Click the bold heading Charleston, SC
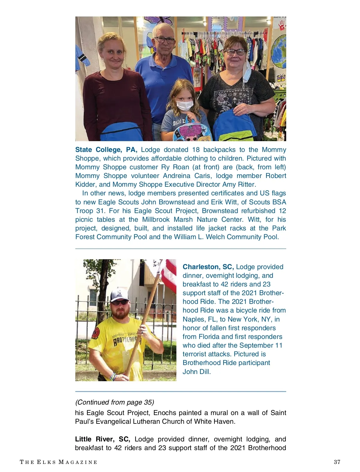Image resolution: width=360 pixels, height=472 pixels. click(x=208, y=267)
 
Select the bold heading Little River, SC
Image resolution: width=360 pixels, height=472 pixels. click(x=102, y=439)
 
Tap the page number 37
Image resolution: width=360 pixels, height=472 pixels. click(x=337, y=462)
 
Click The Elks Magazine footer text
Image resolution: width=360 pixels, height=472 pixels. click(x=58, y=462)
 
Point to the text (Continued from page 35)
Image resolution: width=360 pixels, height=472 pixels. click(x=114, y=402)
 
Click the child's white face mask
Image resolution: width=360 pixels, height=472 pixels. click(x=184, y=105)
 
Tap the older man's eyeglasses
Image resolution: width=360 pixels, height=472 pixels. click(x=164, y=40)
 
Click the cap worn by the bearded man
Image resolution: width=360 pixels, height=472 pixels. click(x=119, y=295)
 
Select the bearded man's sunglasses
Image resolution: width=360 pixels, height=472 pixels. click(x=120, y=302)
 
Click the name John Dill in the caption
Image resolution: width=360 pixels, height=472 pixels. click(x=196, y=372)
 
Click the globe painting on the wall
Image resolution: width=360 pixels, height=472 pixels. click(x=279, y=51)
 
